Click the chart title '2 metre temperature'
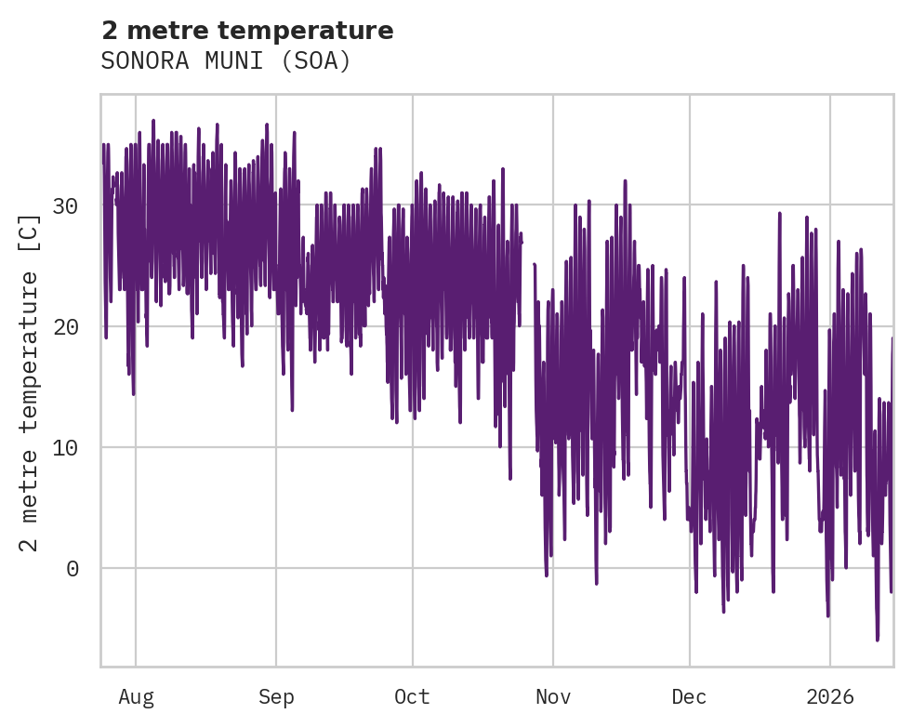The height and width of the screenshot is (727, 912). tap(247, 31)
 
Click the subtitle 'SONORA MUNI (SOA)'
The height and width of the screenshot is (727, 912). tap(226, 61)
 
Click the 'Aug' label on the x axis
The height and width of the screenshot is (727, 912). tap(136, 696)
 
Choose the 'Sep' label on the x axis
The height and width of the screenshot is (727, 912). tap(276, 696)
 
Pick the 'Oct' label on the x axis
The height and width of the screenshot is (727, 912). tap(412, 696)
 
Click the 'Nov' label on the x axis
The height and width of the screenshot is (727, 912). tap(552, 696)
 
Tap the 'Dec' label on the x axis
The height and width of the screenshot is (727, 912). tap(689, 696)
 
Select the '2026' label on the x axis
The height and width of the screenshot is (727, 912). tap(829, 696)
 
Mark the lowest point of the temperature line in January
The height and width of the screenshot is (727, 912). tap(877, 640)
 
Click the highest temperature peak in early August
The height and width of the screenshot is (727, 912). tap(153, 121)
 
